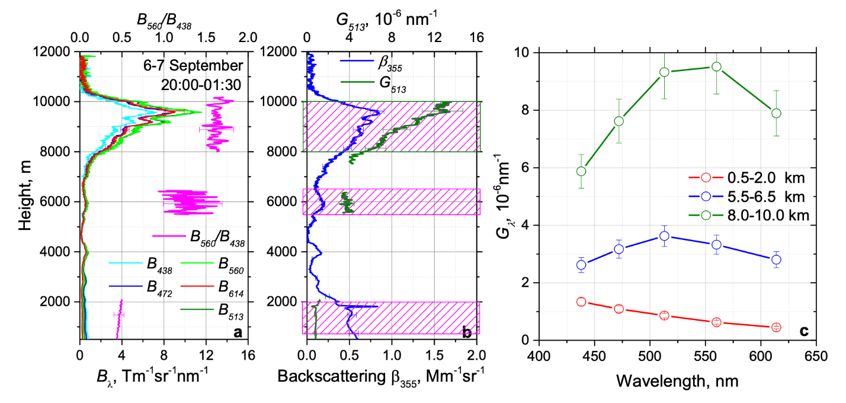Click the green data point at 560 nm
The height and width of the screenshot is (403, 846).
point(716,66)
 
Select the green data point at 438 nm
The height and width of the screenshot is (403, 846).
point(581,171)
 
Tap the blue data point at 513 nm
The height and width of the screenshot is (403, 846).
point(664,236)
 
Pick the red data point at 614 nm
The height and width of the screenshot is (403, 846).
point(776,327)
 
